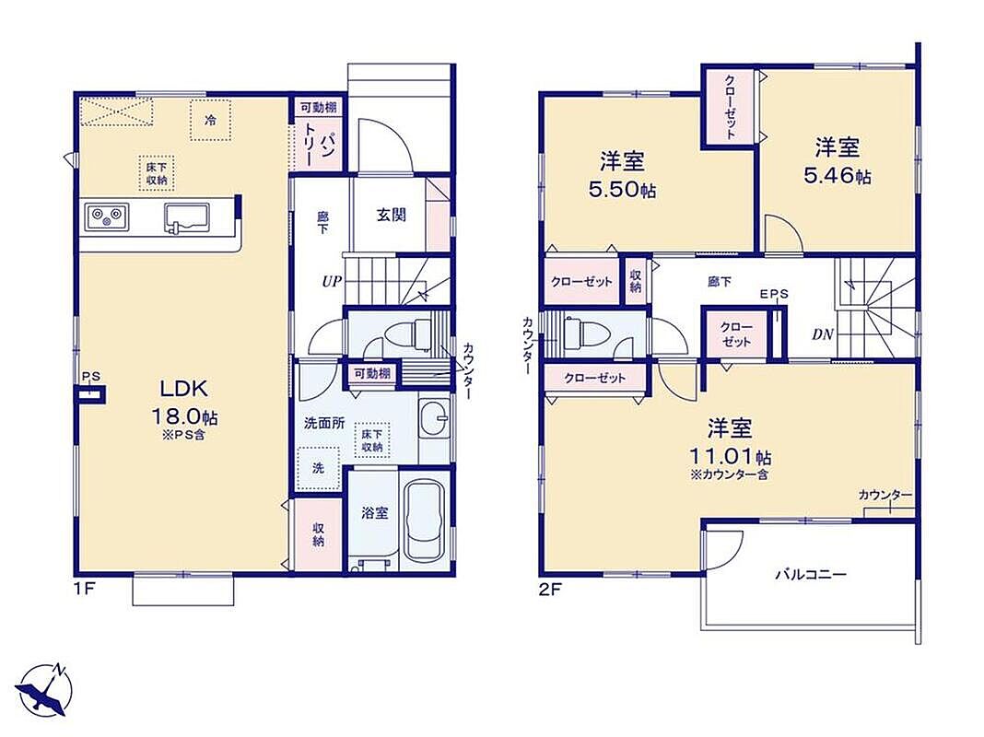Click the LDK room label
(184, 389)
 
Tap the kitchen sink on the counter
(186, 218)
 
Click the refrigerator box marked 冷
(211, 119)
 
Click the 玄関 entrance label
(391, 216)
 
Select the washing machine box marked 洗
(318, 469)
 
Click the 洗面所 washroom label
(324, 424)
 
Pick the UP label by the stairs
(332, 282)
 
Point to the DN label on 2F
(823, 335)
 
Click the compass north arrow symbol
(45, 688)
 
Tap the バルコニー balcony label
(812, 575)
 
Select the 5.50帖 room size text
(622, 190)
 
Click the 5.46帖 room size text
(838, 176)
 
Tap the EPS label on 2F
(774, 294)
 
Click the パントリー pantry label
(318, 145)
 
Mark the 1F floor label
(86, 590)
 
